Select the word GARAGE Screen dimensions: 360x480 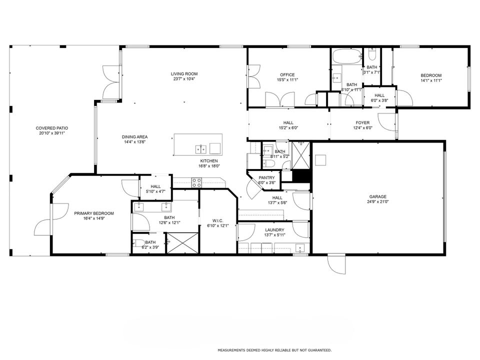point(378,196)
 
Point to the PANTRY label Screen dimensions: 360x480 point(266,177)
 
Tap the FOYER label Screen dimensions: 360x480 point(362,122)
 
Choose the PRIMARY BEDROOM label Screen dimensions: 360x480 point(94,213)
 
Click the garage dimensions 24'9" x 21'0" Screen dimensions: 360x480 point(378,202)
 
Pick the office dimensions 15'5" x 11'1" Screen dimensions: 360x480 point(287,79)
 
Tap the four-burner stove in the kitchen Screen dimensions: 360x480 point(196,182)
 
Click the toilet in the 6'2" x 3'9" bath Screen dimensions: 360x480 point(136,244)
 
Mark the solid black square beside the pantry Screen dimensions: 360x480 point(301,177)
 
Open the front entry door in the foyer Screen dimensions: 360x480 point(386,121)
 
